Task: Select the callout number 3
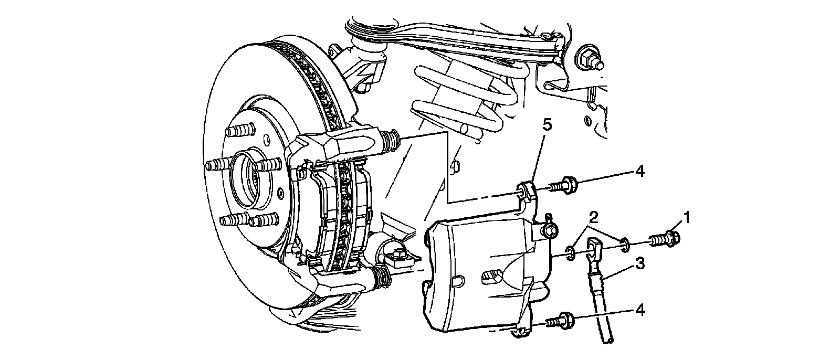point(639,264)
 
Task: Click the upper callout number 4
point(639,171)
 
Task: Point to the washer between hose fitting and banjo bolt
point(624,244)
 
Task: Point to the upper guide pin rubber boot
point(390,141)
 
